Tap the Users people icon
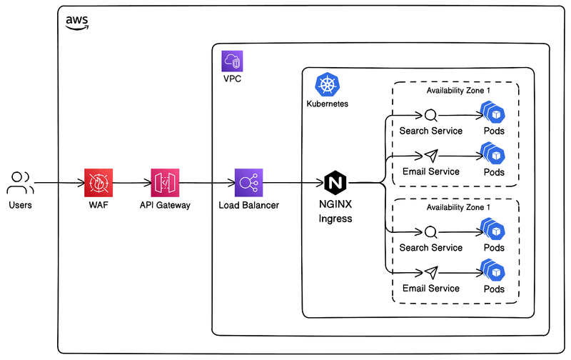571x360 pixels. pyautogui.click(x=20, y=183)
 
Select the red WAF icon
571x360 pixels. pyautogui.click(x=98, y=183)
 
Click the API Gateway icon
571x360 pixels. pyautogui.click(x=165, y=183)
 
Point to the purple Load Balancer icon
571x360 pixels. pyautogui.click(x=249, y=183)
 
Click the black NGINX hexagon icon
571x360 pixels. pyautogui.click(x=335, y=183)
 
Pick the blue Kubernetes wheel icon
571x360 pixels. pyautogui.click(x=328, y=85)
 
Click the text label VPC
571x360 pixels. pyautogui.click(x=233, y=79)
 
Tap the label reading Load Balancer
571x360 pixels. pyautogui.click(x=249, y=206)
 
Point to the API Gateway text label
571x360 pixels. pyautogui.click(x=165, y=206)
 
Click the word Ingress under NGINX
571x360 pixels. pyautogui.click(x=335, y=219)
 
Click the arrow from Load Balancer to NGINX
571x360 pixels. pyautogui.click(x=293, y=183)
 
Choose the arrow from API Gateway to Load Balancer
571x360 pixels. pyautogui.click(x=207, y=183)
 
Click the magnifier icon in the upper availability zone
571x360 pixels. pyautogui.click(x=430, y=115)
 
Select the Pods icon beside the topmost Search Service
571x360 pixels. pyautogui.click(x=492, y=113)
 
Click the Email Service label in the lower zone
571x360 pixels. pyautogui.click(x=430, y=289)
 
